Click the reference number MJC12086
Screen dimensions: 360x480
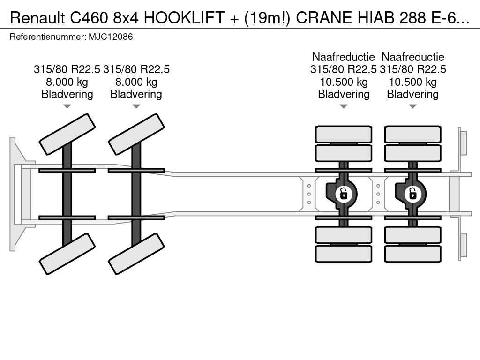pos(111,37)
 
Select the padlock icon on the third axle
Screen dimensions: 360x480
pos(344,193)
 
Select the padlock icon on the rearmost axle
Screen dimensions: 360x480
pos(412,193)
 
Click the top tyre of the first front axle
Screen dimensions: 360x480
pos(67,134)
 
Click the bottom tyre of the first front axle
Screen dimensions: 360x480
pos(67,253)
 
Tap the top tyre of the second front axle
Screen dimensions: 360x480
pos(136,134)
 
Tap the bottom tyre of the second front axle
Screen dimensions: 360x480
pos(136,253)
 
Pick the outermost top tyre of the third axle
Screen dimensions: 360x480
pos(344,134)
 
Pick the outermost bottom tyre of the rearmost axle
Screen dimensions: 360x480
pos(412,254)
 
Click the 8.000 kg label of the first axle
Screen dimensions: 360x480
pos(67,82)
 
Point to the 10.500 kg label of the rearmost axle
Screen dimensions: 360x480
pos(412,82)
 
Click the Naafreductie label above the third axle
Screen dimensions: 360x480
pos(344,57)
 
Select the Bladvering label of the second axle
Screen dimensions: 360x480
pos(136,94)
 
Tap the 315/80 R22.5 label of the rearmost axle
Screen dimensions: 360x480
pos(412,69)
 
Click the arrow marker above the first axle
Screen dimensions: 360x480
pos(67,106)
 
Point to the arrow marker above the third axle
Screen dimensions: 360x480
pos(344,106)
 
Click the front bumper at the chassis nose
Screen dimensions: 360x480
pos(16,194)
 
